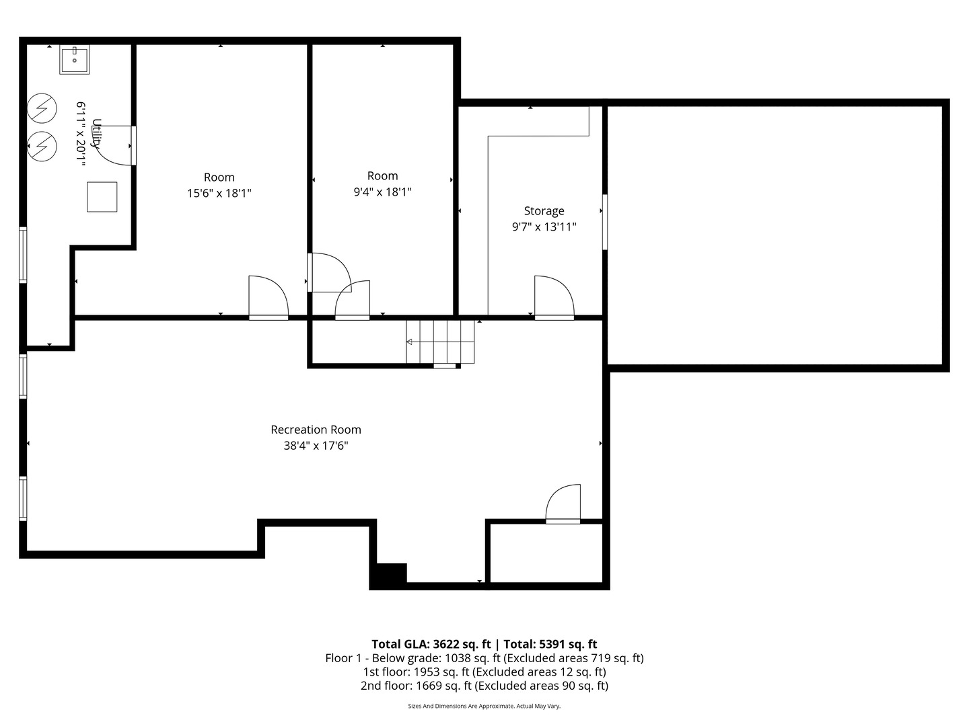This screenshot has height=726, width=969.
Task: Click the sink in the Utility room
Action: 74,60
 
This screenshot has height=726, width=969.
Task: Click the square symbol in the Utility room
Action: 102,197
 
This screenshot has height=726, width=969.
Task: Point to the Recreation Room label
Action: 316,430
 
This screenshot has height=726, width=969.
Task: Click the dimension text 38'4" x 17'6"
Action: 316,446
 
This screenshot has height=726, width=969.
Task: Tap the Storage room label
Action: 544,211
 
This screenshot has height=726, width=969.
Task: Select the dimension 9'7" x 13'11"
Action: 544,227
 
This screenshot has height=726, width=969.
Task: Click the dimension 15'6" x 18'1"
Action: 219,194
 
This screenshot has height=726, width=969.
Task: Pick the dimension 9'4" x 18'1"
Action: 382,192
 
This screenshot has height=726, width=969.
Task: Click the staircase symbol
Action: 440,341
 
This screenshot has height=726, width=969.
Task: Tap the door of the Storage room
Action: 553,297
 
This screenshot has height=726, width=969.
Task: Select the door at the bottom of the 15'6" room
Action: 268,297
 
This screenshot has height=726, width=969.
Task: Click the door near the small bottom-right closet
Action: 563,504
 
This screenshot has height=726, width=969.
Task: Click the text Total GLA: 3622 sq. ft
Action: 431,644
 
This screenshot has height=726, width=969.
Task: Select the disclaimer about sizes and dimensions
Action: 484,706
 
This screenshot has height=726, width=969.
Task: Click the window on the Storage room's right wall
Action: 604,222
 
